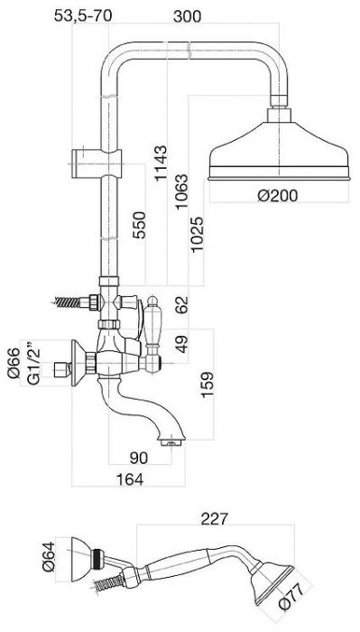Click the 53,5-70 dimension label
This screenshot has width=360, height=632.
point(83,15)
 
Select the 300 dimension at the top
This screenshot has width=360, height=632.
point(187,16)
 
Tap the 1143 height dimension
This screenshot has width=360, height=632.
point(162,163)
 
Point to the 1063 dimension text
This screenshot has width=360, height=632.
point(181,191)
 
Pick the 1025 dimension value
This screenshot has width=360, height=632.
point(198,235)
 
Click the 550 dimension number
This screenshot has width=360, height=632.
point(140,225)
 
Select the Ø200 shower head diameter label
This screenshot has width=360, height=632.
point(278,196)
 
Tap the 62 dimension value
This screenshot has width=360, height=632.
point(182,305)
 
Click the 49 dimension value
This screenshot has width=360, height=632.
point(182,344)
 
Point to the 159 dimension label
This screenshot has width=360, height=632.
point(208,385)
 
